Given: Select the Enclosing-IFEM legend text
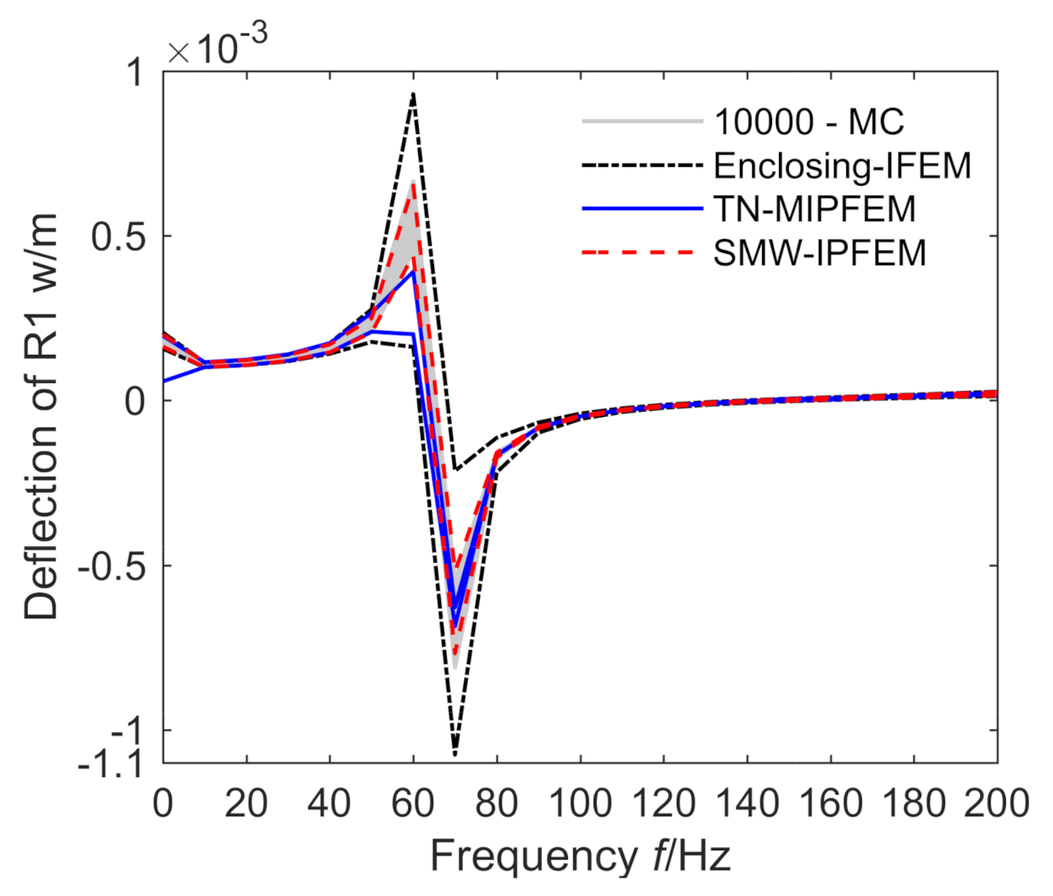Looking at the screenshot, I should [842, 165].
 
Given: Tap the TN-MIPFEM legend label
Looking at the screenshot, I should [814, 209].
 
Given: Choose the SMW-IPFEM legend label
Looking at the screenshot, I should [819, 253].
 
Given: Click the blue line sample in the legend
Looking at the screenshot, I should [642, 208].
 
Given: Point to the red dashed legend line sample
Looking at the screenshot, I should [642, 252].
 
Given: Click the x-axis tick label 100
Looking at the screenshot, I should [580, 803].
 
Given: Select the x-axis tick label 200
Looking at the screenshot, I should [996, 803].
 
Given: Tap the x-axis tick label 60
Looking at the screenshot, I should [413, 803].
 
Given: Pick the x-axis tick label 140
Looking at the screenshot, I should [747, 803].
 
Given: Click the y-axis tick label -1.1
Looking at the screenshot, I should [110, 763].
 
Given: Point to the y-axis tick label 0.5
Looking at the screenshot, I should [117, 237].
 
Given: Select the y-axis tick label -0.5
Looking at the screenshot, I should [110, 566].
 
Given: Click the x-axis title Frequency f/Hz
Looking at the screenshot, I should [580, 856].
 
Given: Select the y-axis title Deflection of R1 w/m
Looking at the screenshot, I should [41, 416].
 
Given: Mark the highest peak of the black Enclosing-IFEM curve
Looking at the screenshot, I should [413, 94].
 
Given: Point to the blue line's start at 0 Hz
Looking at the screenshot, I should [164, 381].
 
